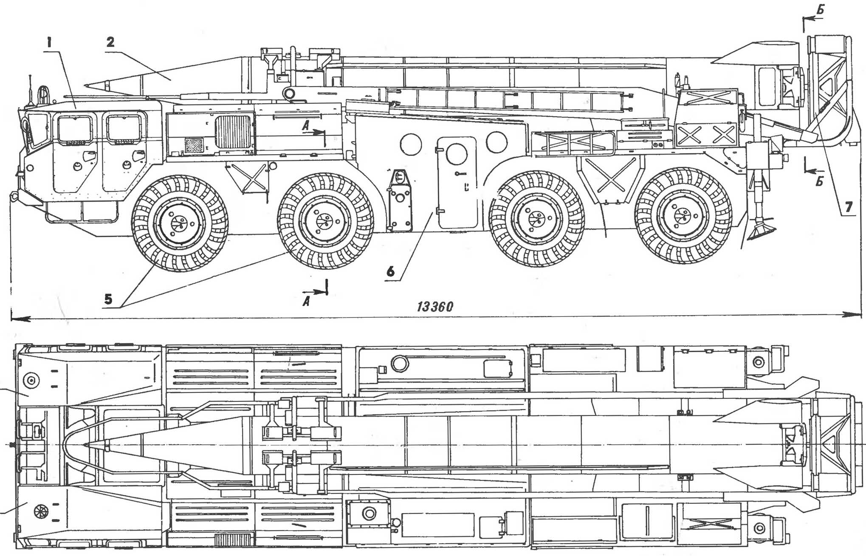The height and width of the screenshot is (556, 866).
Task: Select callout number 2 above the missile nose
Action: pos(110,42)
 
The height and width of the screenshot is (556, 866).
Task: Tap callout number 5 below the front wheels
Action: pos(108,299)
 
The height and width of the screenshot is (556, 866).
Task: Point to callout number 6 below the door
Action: pos(390,271)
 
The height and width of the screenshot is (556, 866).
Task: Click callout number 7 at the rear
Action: pos(849,207)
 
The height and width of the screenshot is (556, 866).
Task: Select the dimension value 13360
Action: pos(435,307)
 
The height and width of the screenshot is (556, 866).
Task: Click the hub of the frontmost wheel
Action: pos(179,223)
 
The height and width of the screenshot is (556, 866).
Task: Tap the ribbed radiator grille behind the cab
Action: pos(233,132)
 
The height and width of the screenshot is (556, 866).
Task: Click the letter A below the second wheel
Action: pos(306,301)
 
